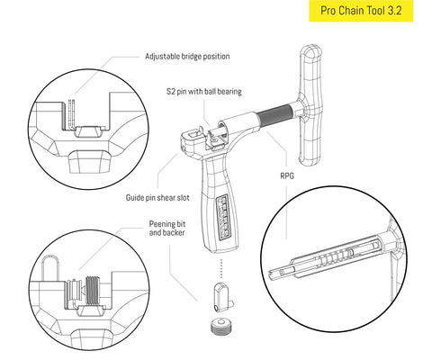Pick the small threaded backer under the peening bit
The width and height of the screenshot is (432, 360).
pyautogui.click(x=220, y=326)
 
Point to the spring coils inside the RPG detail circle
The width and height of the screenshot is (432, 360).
pyautogui.click(x=337, y=256)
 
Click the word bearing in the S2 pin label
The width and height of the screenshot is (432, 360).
pyautogui.click(x=226, y=92)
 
